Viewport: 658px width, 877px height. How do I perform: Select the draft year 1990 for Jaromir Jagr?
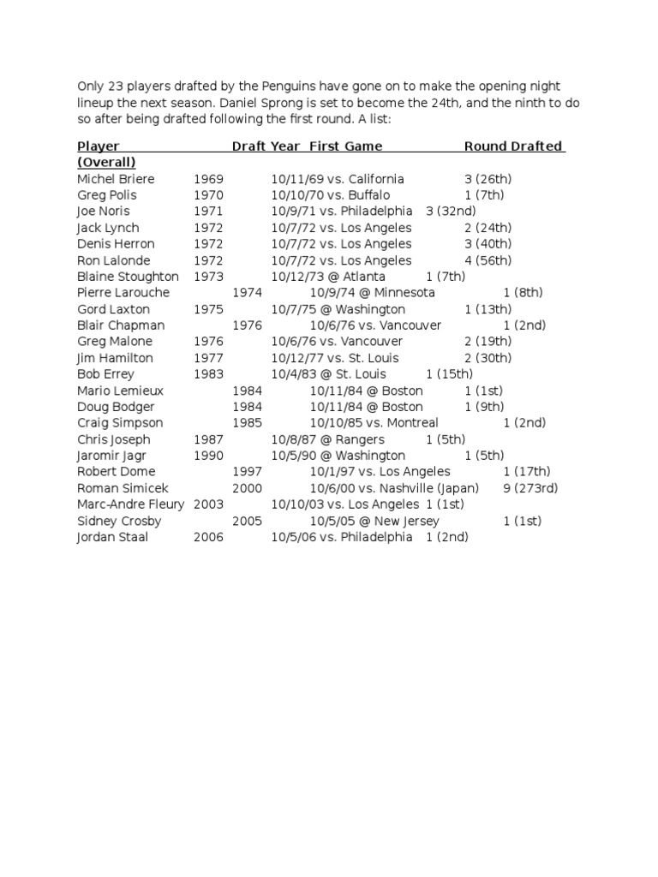[x=208, y=456]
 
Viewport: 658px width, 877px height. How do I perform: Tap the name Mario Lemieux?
[x=120, y=391]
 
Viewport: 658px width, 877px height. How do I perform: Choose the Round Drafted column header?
[x=513, y=146]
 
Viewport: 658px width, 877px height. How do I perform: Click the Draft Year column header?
[x=266, y=146]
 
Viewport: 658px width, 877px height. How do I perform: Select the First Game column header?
[x=346, y=146]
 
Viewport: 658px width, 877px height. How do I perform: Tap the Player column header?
[x=99, y=146]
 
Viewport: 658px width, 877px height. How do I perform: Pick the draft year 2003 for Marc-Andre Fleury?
[x=208, y=504]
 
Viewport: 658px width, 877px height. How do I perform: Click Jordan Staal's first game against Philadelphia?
[x=342, y=537]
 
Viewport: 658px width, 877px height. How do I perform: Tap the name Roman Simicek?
[x=116, y=488]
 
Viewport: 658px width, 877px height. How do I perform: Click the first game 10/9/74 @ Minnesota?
[x=372, y=293]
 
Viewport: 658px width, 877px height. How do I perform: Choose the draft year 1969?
[x=208, y=179]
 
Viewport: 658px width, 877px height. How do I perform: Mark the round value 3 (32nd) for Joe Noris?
[x=451, y=212]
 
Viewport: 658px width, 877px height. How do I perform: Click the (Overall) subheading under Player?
[x=106, y=163]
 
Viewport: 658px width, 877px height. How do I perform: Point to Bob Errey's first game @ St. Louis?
[x=328, y=374]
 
